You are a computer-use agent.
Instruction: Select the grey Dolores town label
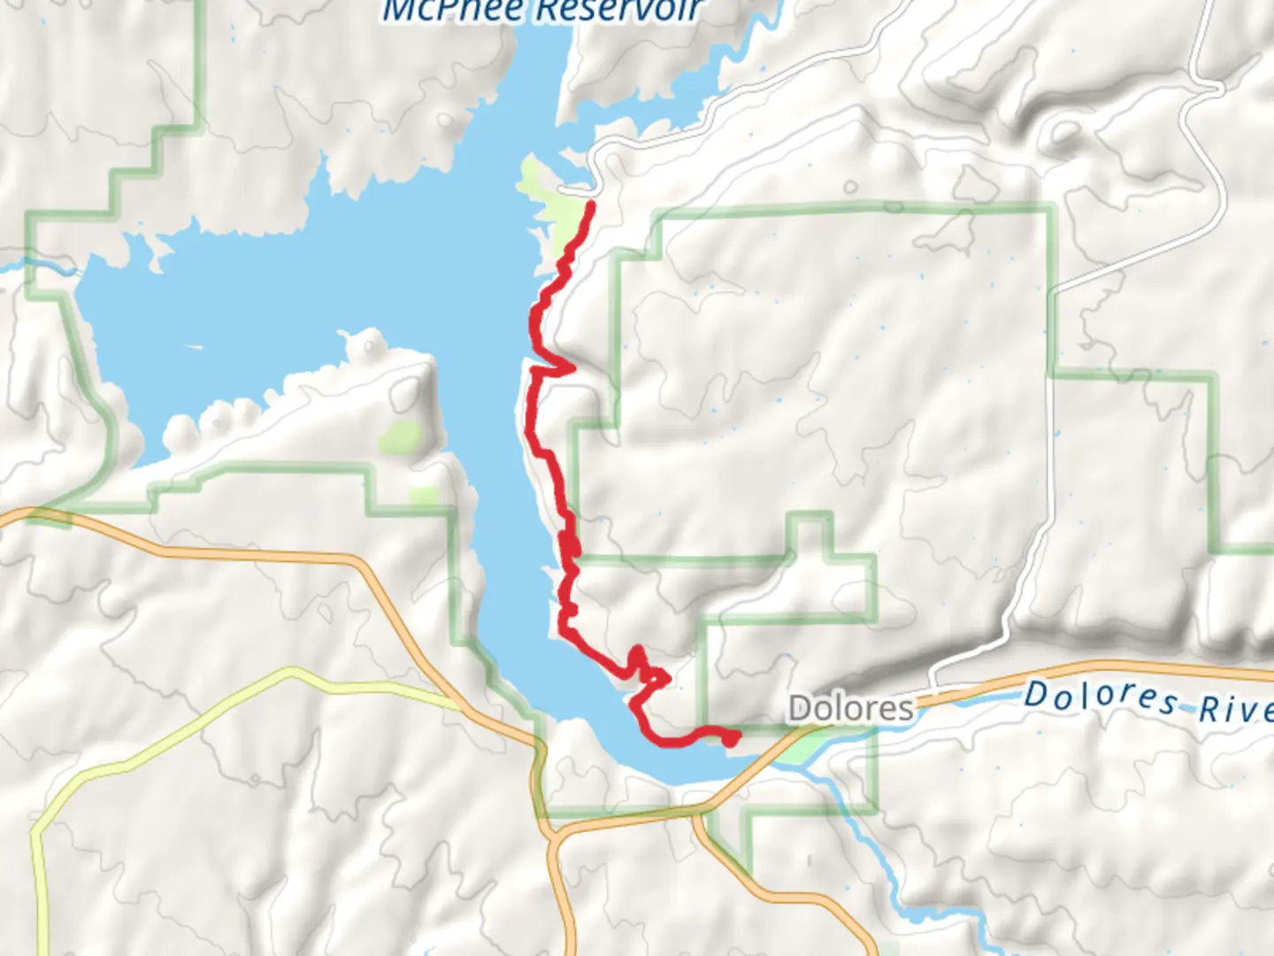[x=850, y=708]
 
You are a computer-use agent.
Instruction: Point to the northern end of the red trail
[x=590, y=205]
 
